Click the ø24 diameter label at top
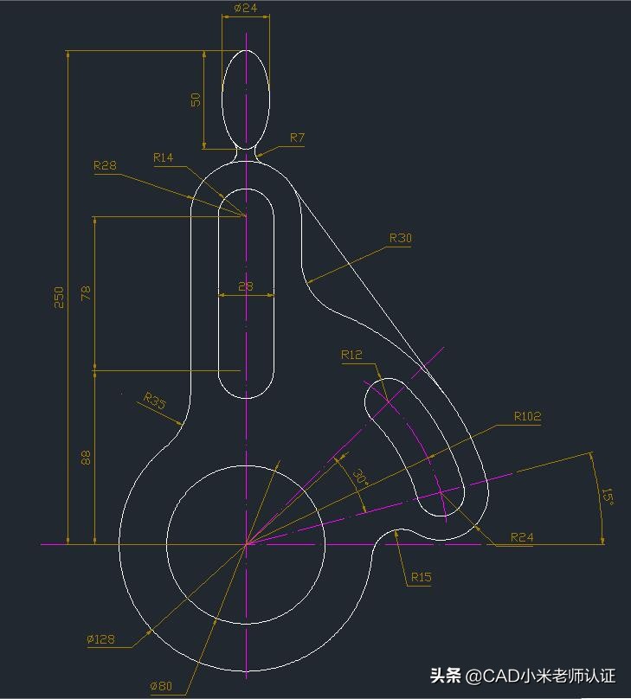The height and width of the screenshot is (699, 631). point(246,8)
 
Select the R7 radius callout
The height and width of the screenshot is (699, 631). point(297,138)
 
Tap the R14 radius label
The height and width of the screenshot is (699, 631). point(163,157)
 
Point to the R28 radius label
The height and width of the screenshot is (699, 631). point(105,165)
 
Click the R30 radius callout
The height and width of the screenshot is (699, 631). point(400,238)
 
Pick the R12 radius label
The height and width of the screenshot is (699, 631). point(351,355)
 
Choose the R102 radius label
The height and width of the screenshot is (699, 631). point(527,416)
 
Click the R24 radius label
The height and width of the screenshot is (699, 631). point(521,537)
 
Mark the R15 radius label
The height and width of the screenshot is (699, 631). point(421,577)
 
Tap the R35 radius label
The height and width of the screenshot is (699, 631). point(154,401)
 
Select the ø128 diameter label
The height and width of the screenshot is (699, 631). point(100,639)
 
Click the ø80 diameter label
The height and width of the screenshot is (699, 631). point(161,686)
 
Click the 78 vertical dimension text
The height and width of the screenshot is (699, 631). point(86,293)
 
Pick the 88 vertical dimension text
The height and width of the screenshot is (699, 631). point(86,458)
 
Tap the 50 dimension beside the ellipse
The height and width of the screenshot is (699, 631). point(196,99)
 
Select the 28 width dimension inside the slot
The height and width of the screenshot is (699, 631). point(246,286)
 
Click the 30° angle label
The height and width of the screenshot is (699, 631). point(360,477)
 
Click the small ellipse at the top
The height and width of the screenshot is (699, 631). point(246,97)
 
